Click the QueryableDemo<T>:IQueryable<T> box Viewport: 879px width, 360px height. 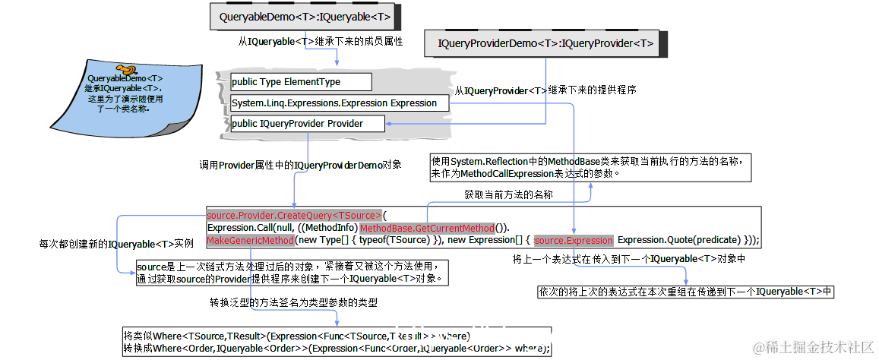(x=305, y=16)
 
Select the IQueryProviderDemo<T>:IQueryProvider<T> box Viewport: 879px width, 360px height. (x=545, y=43)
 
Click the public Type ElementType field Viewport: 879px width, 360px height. (x=300, y=82)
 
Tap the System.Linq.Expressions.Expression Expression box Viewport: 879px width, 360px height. (x=334, y=103)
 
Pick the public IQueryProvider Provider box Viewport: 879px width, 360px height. (x=307, y=123)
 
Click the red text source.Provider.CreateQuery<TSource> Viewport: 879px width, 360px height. (x=294, y=215)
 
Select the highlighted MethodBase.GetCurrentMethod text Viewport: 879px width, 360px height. (x=427, y=228)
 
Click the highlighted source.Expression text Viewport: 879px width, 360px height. (x=574, y=241)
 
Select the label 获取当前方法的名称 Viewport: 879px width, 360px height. (x=508, y=195)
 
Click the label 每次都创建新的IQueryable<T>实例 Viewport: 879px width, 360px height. (x=116, y=245)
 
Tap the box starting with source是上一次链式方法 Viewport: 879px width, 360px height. (x=292, y=273)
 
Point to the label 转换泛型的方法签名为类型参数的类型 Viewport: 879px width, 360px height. (x=294, y=302)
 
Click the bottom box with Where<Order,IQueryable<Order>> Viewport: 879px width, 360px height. (x=335, y=342)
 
